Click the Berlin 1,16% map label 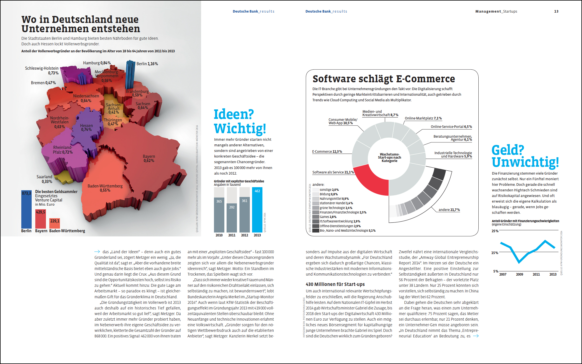(x=147, y=64)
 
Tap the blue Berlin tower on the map (x=130, y=74)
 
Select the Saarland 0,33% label (x=45, y=179)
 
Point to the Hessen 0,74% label (x=86, y=128)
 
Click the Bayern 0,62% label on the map (x=149, y=158)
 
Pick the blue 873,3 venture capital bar (x=26, y=210)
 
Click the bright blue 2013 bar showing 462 (x=257, y=210)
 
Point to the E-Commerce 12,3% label (x=327, y=152)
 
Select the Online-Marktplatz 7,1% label (x=423, y=118)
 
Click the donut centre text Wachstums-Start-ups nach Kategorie (x=389, y=158)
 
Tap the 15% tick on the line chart (x=495, y=253)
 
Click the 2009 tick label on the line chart (x=520, y=274)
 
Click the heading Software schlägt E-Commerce (x=384, y=79)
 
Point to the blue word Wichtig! (x=240, y=129)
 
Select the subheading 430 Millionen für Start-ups (x=335, y=284)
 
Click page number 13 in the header (x=556, y=11)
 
